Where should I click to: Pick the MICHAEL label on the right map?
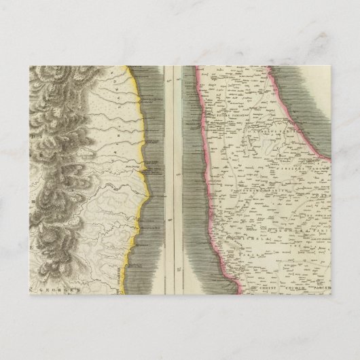point(239,241)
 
